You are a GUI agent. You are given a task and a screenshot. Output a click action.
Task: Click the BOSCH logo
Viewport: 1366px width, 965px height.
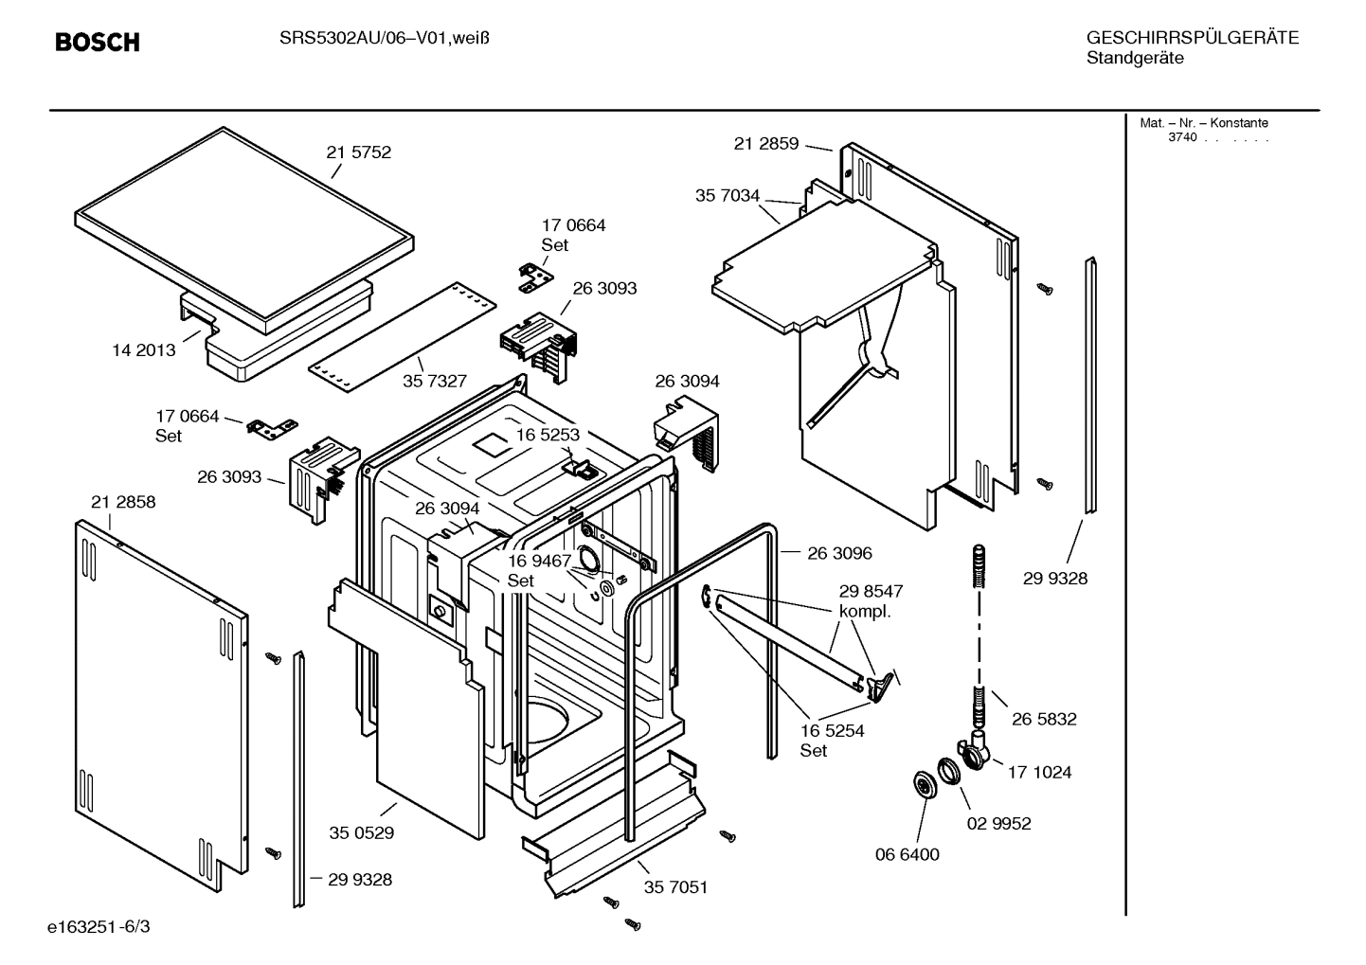coord(98,42)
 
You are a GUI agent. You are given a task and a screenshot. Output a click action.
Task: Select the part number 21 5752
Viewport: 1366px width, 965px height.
coord(358,152)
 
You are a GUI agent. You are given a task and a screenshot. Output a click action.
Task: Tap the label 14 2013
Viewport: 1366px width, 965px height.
coord(144,350)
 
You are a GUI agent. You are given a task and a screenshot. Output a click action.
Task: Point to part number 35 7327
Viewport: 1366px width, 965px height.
coord(435,381)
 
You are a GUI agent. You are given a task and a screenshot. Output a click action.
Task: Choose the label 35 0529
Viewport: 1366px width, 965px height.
coord(362,833)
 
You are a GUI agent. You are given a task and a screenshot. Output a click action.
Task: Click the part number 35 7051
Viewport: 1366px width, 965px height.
coord(675,887)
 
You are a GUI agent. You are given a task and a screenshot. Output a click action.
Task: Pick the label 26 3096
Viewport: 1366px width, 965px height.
coord(839,553)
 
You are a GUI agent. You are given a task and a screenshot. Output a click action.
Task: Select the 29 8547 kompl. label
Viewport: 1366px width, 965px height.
coord(871,601)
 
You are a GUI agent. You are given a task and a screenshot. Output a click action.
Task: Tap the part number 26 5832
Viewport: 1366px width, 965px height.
coord(1044,720)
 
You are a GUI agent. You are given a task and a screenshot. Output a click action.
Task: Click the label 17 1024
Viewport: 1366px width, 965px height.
coord(1039,773)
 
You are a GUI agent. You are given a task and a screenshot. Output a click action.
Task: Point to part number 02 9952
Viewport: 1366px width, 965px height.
coord(998,824)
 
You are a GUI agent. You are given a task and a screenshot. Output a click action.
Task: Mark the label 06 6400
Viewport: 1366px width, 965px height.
coord(907,855)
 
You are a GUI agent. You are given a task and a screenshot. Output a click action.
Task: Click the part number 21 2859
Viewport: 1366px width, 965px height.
coord(766,144)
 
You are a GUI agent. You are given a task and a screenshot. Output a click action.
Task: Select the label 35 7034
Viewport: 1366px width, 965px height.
coord(728,196)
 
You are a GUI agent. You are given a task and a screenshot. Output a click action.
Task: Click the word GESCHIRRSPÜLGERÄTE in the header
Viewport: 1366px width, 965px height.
coord(1192,38)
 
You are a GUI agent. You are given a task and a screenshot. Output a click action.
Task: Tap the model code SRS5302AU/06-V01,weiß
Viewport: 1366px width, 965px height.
coord(384,38)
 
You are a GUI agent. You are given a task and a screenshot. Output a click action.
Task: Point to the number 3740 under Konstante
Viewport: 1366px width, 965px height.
coord(1182,137)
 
